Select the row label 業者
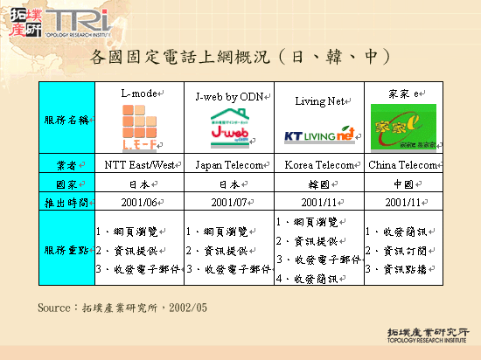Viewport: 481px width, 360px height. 66,164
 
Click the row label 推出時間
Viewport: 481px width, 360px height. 66,203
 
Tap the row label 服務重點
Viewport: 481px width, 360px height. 66,250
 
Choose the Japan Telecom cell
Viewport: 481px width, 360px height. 228,164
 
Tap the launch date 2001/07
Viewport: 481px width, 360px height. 228,203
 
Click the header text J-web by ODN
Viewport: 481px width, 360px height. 228,95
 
